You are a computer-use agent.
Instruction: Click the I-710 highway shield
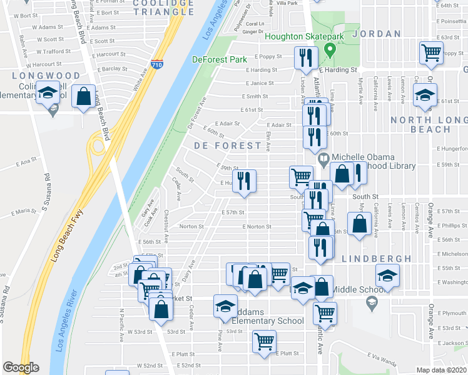[157, 63]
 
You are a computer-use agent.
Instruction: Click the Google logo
[21, 367]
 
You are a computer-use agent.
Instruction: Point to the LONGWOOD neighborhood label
[54, 76]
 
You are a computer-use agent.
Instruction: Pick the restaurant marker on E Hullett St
[245, 181]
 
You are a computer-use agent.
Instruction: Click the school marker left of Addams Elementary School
[225, 305]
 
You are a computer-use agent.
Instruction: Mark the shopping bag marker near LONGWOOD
[83, 96]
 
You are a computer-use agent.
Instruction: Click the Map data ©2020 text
[441, 369]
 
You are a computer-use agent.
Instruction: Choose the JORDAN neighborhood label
[376, 33]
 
